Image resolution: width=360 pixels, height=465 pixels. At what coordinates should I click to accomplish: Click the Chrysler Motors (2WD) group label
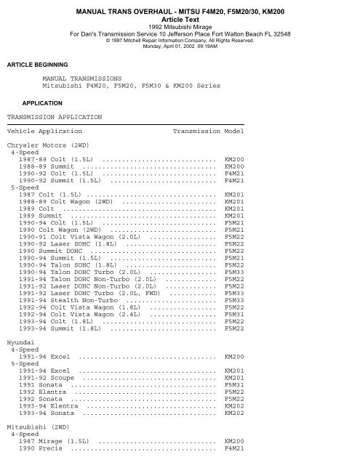point(41,146)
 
